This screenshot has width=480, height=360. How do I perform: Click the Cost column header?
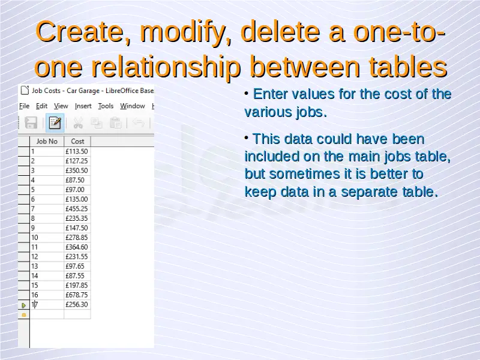coord(77,142)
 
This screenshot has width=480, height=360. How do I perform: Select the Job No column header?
coord(47,142)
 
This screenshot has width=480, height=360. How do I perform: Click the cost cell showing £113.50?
coord(77,152)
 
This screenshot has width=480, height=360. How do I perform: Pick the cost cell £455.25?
coord(77,209)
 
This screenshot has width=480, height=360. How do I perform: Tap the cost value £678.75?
coord(77,295)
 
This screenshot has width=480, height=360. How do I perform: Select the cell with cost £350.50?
coord(77,170)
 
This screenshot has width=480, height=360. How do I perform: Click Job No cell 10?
coord(47,238)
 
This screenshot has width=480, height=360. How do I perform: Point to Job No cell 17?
coord(47,305)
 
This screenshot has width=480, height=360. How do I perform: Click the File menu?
coord(24,106)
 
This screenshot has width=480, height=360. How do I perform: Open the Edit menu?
coord(41,106)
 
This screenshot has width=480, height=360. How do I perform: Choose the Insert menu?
coord(83,106)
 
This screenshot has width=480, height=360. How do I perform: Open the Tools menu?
coord(106,106)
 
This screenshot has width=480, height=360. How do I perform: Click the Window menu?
coord(132,106)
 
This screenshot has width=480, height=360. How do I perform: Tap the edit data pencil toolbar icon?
coord(55,123)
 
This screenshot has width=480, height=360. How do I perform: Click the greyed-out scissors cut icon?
coord(78,123)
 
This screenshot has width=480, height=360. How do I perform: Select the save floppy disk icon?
coord(31,123)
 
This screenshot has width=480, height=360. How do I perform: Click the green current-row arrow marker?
coord(23,305)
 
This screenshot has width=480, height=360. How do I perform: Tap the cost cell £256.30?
coord(77,305)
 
